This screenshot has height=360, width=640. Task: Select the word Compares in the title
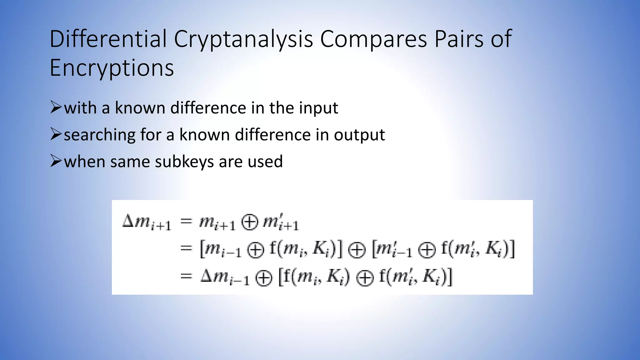pyautogui.click(x=373, y=40)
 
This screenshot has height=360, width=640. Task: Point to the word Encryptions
pyautogui.click(x=112, y=68)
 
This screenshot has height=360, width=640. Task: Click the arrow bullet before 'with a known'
pyautogui.click(x=56, y=107)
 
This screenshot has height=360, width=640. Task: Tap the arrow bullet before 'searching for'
pyautogui.click(x=56, y=134)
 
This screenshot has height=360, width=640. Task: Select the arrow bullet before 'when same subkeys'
pyautogui.click(x=56, y=161)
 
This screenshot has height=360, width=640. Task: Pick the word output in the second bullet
pyautogui.click(x=359, y=135)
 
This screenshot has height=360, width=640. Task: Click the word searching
pyautogui.click(x=100, y=135)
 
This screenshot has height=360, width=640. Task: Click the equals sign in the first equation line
pyautogui.click(x=186, y=221)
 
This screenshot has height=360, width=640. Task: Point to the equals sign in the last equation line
pyautogui.click(x=186, y=276)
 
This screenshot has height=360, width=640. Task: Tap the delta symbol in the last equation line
pyautogui.click(x=207, y=276)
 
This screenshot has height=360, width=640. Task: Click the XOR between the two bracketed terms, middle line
pyautogui.click(x=357, y=250)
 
